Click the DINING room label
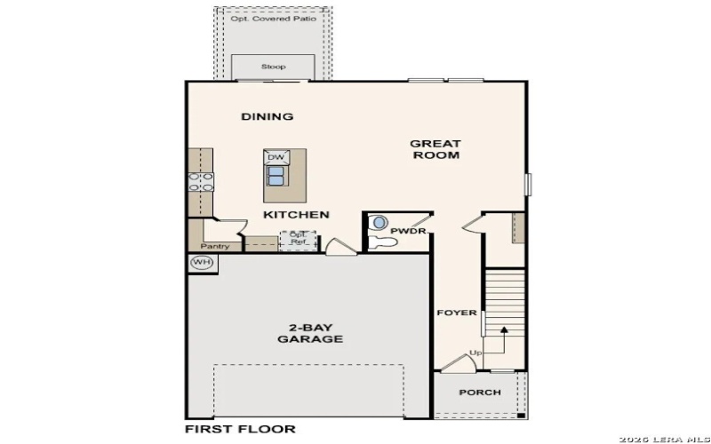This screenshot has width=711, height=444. [x=267, y=116]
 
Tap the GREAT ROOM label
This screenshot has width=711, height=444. [x=435, y=149]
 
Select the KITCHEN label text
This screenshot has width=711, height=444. [x=296, y=215]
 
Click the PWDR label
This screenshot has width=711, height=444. [x=409, y=232]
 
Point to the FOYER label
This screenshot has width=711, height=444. [x=457, y=313]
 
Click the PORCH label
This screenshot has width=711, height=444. [x=479, y=392]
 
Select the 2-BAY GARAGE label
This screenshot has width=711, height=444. [x=310, y=332]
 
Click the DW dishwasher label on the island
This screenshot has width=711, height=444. [x=276, y=157]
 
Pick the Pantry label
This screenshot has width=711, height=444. [x=215, y=246]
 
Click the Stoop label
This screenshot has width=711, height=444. [x=273, y=67]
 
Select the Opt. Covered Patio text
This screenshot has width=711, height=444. [x=273, y=18]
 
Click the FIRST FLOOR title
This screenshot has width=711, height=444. [x=240, y=429]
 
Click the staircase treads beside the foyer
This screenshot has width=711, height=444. [x=505, y=297]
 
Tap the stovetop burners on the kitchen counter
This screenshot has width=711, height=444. [x=201, y=182]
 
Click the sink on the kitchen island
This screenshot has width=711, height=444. [x=276, y=174]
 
